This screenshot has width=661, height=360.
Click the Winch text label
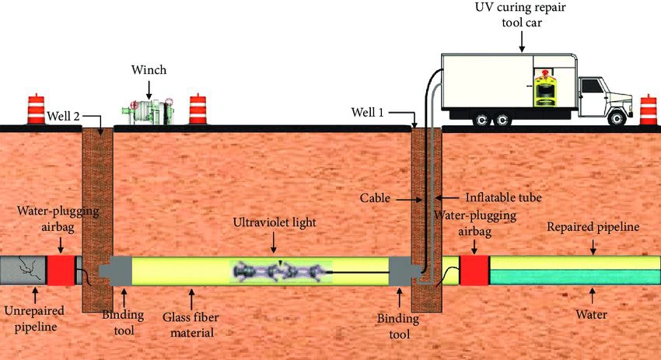(x=149, y=70)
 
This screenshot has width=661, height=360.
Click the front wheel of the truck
(x=617, y=118)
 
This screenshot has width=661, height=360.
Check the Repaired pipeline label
(x=592, y=228)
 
